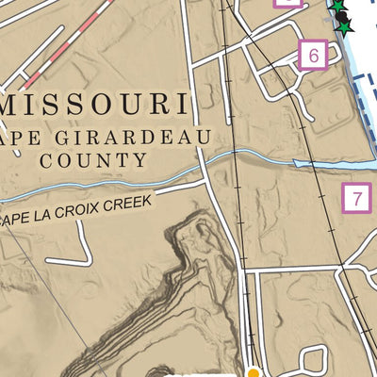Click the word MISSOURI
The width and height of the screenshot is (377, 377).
pyautogui.click(x=94, y=102)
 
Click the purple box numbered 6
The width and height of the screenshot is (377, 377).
pyautogui.click(x=311, y=56)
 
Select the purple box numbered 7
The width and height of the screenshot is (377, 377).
pyautogui.click(x=355, y=199)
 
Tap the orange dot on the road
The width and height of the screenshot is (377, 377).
pyautogui.click(x=253, y=372)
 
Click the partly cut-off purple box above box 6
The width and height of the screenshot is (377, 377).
pyautogui.click(x=287, y=3)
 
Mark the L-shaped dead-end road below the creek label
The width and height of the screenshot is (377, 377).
pyautogui.click(x=80, y=250)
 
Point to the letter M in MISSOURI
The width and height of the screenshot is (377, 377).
pyautogui.click(x=15, y=102)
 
